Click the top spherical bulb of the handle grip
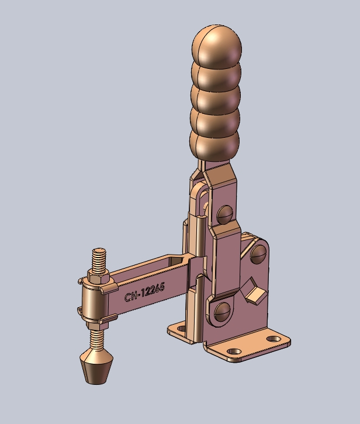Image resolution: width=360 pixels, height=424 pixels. click(x=217, y=46)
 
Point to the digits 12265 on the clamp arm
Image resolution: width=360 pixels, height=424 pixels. click(x=153, y=290)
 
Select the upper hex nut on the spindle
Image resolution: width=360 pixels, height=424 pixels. click(x=99, y=276)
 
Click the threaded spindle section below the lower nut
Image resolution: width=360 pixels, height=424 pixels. click(x=97, y=340)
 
